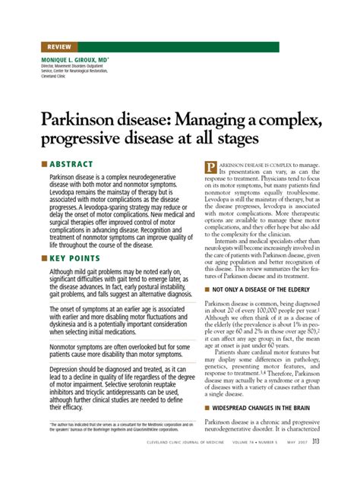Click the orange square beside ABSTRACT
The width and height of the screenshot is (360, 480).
pos(43,163)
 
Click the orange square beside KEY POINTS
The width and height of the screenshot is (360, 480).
pos(43,259)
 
